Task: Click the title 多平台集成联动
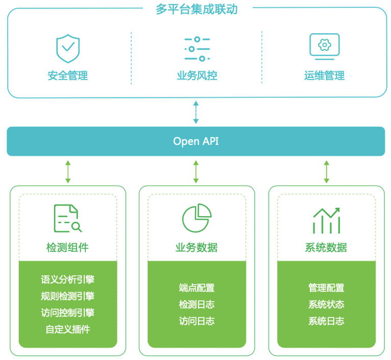pyautogui.click(x=196, y=9)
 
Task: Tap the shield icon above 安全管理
pyautogui.click(x=68, y=48)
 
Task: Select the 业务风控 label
pyautogui.click(x=197, y=76)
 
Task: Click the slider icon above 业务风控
pyautogui.click(x=197, y=49)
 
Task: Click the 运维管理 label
pyautogui.click(x=324, y=76)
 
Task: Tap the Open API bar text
pyautogui.click(x=196, y=141)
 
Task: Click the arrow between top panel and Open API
pyautogui.click(x=196, y=112)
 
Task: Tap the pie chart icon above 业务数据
pyautogui.click(x=197, y=218)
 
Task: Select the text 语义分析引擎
pyautogui.click(x=67, y=279)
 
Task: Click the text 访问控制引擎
pyautogui.click(x=67, y=313)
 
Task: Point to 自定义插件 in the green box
pyautogui.click(x=67, y=329)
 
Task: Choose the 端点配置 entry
pyautogui.click(x=197, y=288)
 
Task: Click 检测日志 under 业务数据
pyautogui.click(x=197, y=304)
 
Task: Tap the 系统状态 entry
pyautogui.click(x=326, y=304)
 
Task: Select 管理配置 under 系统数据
pyautogui.click(x=326, y=288)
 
